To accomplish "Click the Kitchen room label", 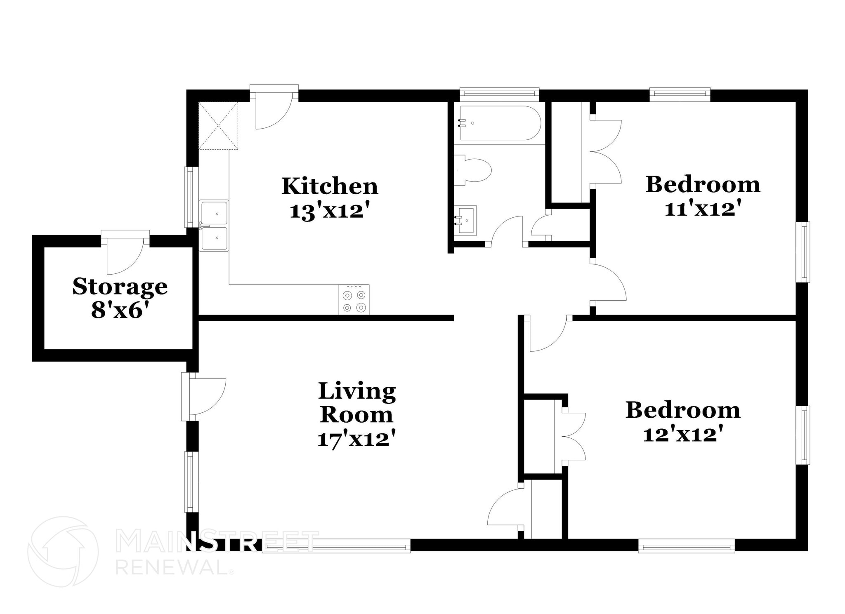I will tap(330, 186).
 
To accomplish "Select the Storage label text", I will tap(120, 287).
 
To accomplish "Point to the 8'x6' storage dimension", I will tap(120, 310).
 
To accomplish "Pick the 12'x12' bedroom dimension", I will tap(683, 435).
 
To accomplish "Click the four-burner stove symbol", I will tap(354, 300).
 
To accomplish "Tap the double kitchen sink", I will tap(214, 226).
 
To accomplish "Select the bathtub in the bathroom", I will tap(500, 123).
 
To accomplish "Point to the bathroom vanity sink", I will tap(465, 220).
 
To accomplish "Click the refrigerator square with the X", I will tap(218, 126).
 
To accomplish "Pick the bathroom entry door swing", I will tap(507, 231).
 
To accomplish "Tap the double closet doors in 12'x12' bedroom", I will tap(574, 436).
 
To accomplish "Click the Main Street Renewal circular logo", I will tap(63, 552).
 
